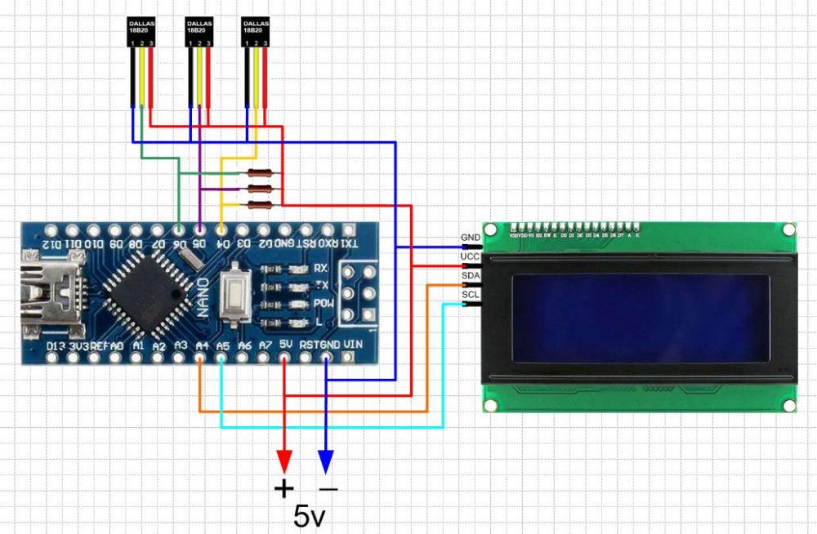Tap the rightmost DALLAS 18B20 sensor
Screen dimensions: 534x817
click(x=256, y=32)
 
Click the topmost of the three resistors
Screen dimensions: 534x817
click(x=259, y=173)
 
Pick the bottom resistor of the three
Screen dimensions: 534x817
click(x=259, y=204)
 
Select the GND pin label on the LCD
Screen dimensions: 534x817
click(x=471, y=238)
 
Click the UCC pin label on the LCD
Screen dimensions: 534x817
click(x=471, y=257)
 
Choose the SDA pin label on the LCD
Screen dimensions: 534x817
click(x=471, y=276)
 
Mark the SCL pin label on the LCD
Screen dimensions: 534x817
click(x=471, y=295)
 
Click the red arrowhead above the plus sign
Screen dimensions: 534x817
click(x=284, y=461)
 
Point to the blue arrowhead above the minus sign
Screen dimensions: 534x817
click(x=326, y=461)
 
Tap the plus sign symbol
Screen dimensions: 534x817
click(x=284, y=489)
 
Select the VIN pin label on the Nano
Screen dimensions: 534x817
click(x=353, y=345)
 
